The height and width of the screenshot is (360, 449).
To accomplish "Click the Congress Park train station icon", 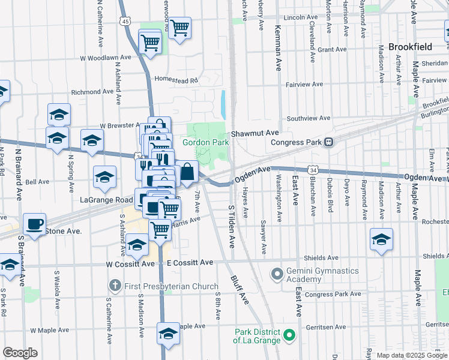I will click(x=329, y=142).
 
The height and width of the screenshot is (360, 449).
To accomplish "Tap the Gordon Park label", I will click(x=198, y=142).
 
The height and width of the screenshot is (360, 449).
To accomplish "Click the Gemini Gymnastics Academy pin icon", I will click(x=277, y=275).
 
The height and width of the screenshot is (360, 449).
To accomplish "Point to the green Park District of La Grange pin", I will click(x=289, y=335).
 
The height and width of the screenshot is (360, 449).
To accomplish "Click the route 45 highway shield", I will click(x=125, y=21).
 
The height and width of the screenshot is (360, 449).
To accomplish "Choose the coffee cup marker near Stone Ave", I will click(x=34, y=224).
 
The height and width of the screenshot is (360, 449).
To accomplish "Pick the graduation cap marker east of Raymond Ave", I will click(x=381, y=239).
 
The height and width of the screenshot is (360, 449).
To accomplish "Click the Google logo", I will click(x=20, y=352).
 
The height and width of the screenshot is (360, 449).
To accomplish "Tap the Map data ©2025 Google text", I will click(x=411, y=355).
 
